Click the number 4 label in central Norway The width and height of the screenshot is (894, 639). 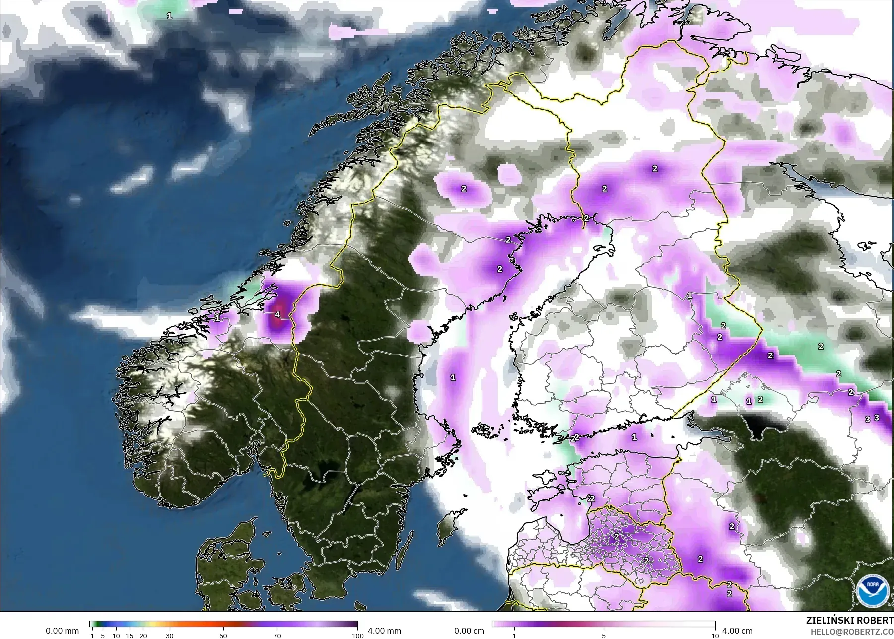[x=277, y=314]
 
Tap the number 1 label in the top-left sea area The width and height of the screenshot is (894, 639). [x=169, y=16]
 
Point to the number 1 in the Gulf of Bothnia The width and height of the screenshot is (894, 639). [x=453, y=377]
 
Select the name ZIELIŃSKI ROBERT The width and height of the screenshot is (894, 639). [x=849, y=620]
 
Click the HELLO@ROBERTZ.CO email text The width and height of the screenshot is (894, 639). [x=852, y=631]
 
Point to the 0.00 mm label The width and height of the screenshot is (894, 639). [x=62, y=631]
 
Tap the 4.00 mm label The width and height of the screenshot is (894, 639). [x=384, y=631]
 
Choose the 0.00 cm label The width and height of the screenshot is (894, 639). [x=469, y=631]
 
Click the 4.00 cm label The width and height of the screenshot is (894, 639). [x=737, y=631]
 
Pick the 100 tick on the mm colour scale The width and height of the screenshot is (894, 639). [x=357, y=635]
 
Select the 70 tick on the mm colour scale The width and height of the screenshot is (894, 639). [x=277, y=635]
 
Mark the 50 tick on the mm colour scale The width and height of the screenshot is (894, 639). [x=223, y=635]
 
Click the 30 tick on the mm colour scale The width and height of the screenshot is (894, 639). [x=170, y=635]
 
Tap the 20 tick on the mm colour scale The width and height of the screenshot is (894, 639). [x=143, y=635]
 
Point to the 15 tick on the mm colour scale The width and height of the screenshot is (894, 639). [x=130, y=635]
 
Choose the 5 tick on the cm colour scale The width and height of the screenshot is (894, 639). [x=604, y=635]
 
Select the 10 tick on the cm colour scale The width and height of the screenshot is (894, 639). [x=715, y=635]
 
